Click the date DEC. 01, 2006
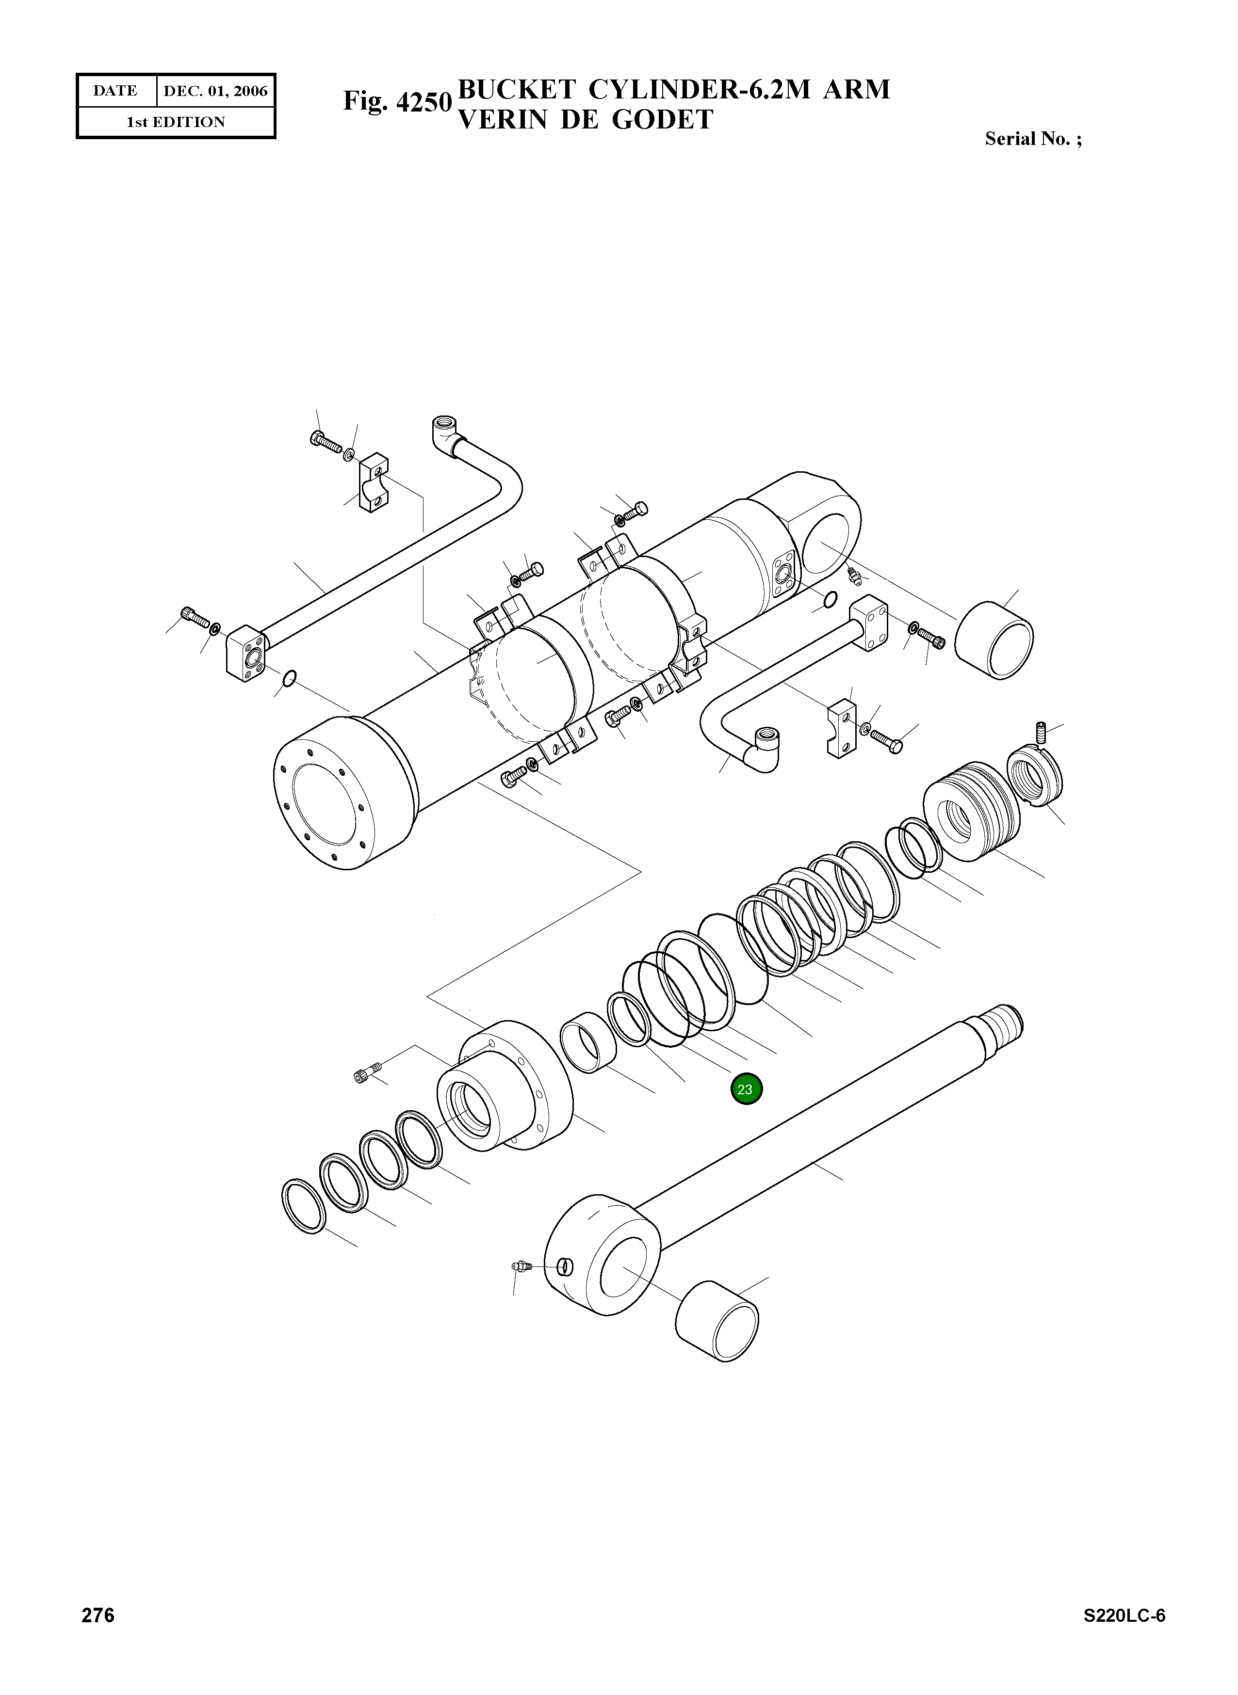click(215, 91)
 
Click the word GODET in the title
click(662, 120)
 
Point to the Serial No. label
click(1033, 139)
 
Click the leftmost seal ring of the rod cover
click(304, 1206)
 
